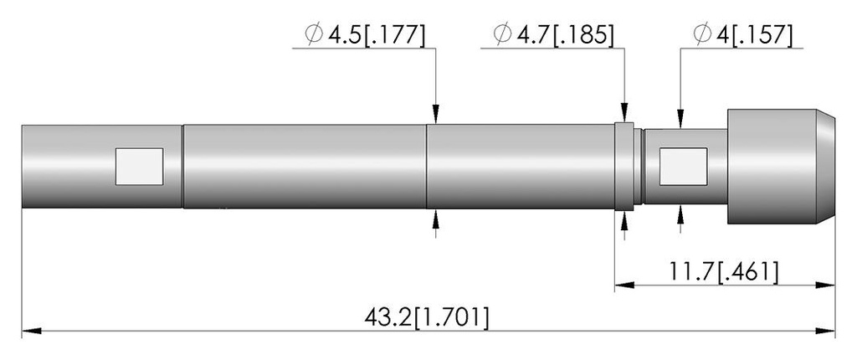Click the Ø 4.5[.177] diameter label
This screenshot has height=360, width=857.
[365, 35]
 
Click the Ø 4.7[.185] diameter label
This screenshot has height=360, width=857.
[553, 34]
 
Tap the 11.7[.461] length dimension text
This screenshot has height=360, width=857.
[724, 271]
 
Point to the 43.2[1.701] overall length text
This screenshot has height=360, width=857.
[426, 318]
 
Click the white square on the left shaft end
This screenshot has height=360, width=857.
[140, 167]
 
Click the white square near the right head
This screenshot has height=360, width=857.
[683, 167]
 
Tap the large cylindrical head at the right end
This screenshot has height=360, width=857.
[781, 167]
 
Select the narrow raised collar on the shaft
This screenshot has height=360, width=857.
[624, 167]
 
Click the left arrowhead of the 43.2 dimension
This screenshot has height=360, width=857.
[31, 331]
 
